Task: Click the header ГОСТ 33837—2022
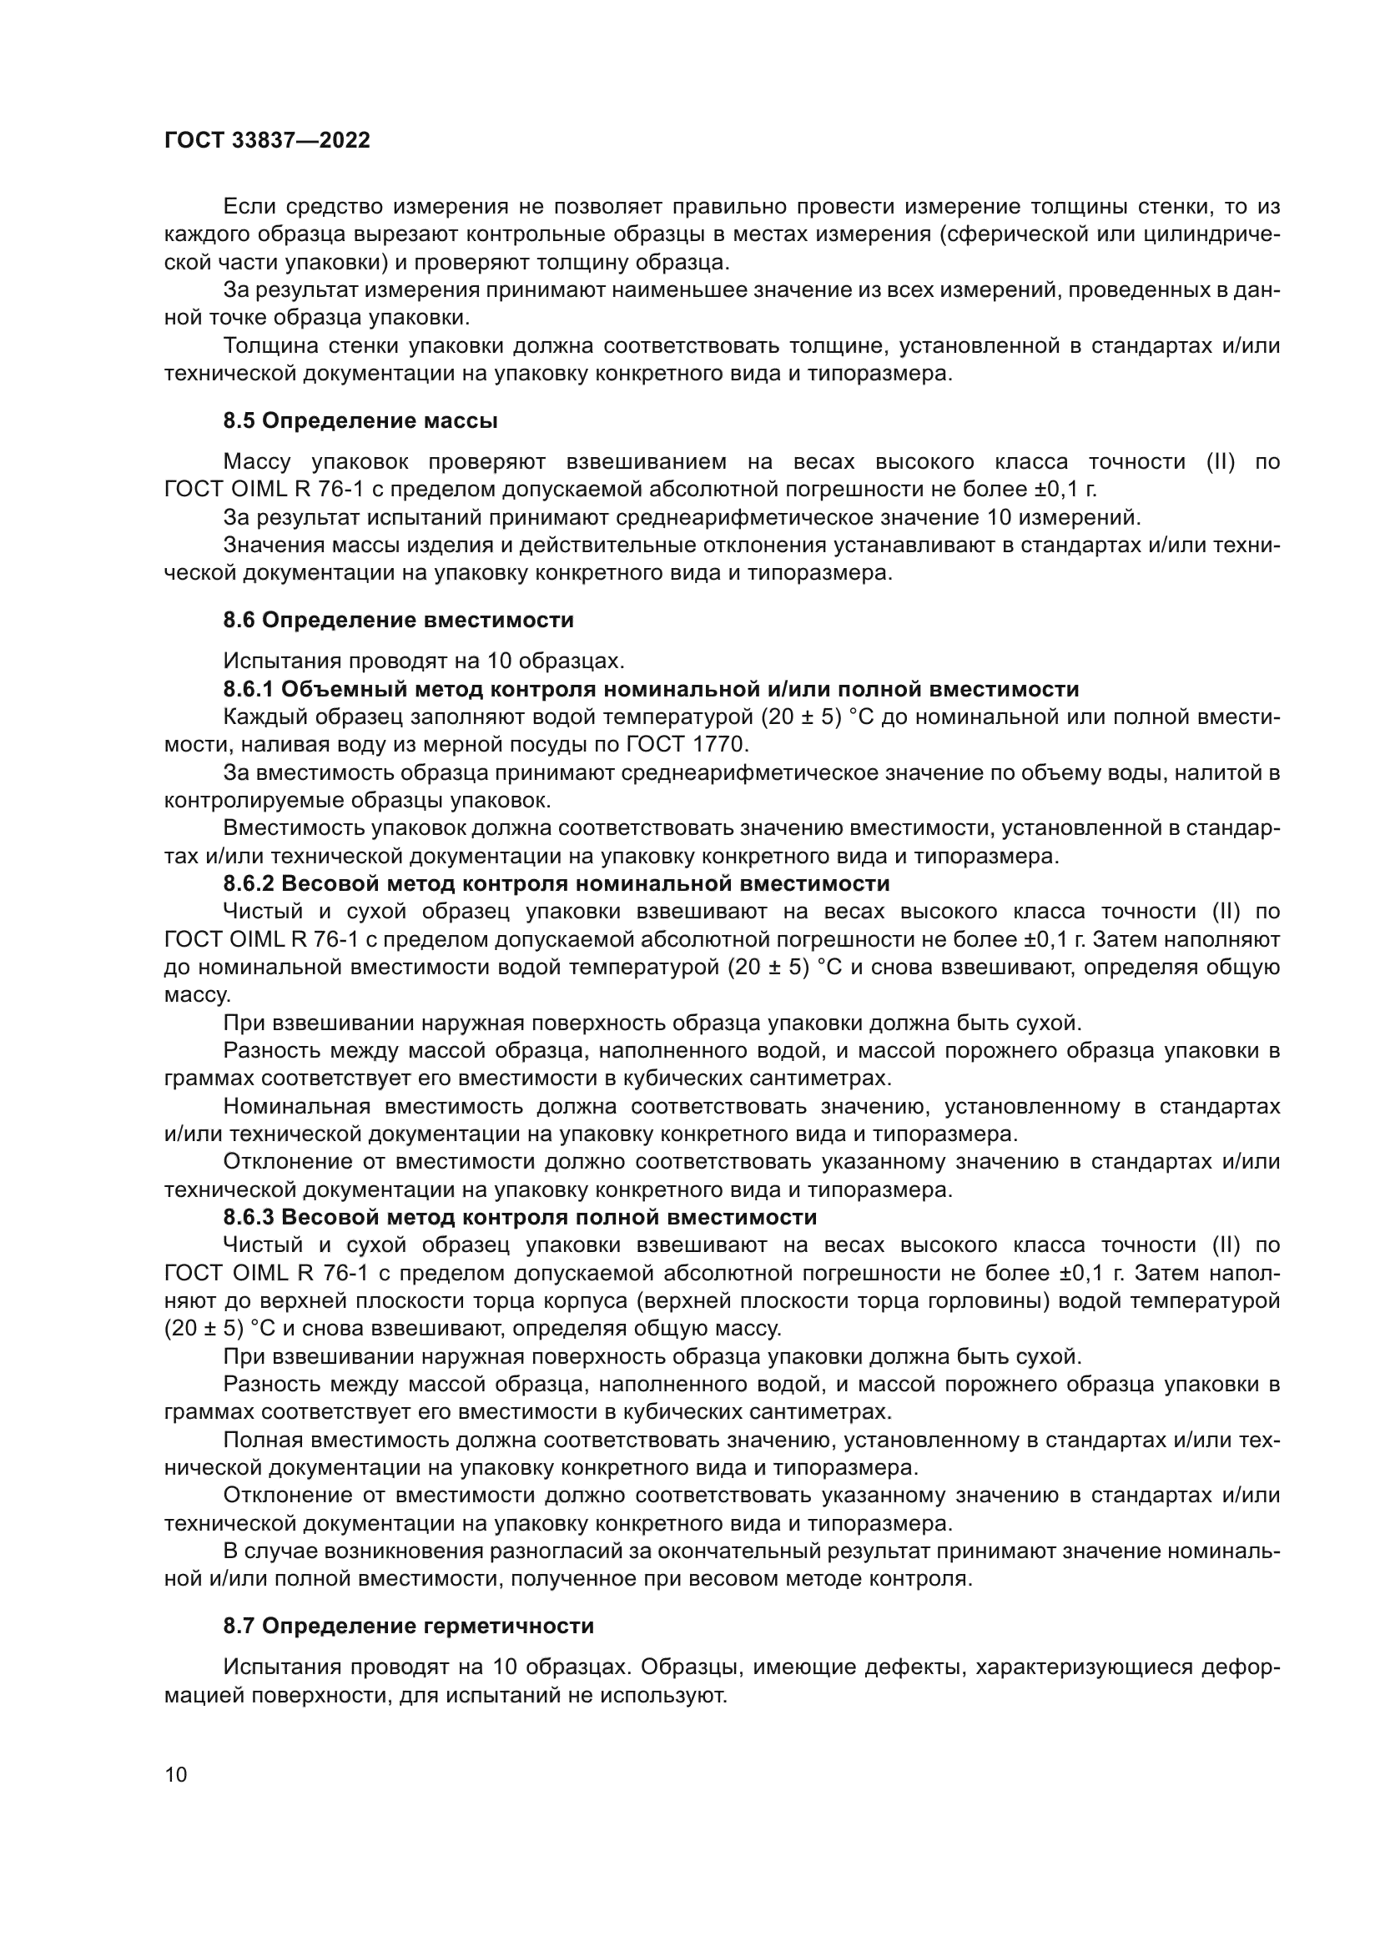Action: tap(267, 141)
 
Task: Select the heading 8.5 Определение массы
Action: tap(360, 420)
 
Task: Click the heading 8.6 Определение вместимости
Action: tap(399, 621)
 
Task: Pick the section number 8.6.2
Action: tap(248, 883)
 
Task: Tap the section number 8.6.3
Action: tap(248, 1218)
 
